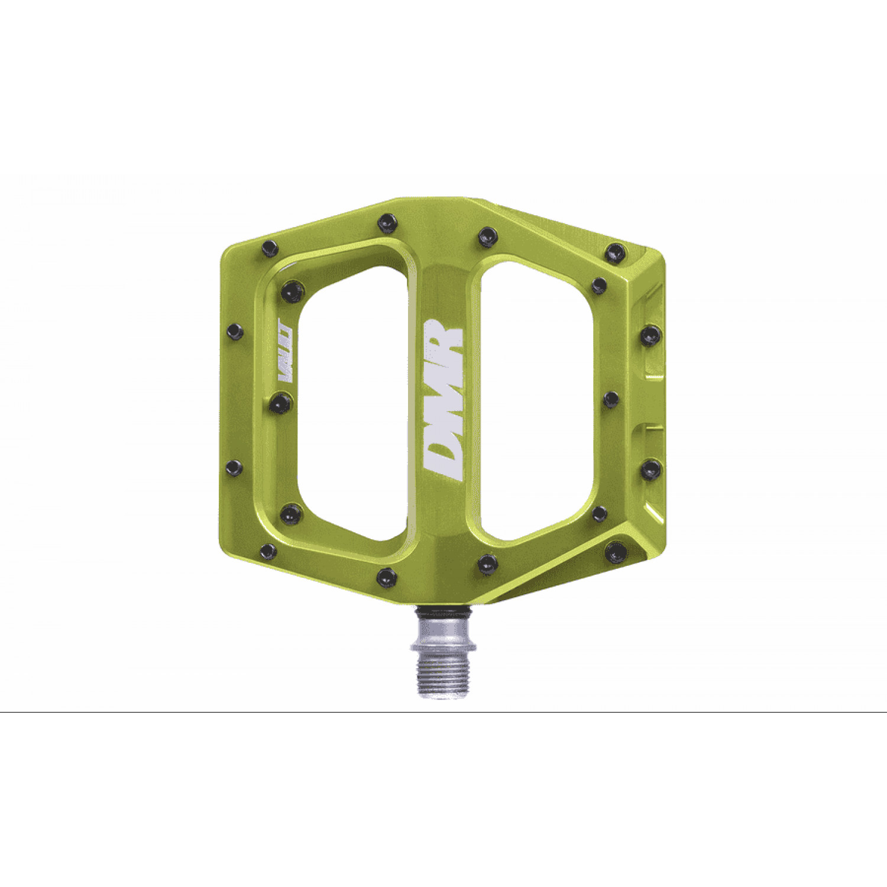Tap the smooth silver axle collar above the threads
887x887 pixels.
(444, 633)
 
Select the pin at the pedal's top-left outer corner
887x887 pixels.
(270, 248)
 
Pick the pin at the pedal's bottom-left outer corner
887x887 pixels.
(268, 551)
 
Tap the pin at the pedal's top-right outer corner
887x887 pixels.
(616, 252)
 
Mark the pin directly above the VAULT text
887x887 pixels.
(292, 292)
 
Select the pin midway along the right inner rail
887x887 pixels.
(611, 399)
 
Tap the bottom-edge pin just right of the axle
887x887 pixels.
(488, 564)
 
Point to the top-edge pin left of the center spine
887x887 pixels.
(388, 223)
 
